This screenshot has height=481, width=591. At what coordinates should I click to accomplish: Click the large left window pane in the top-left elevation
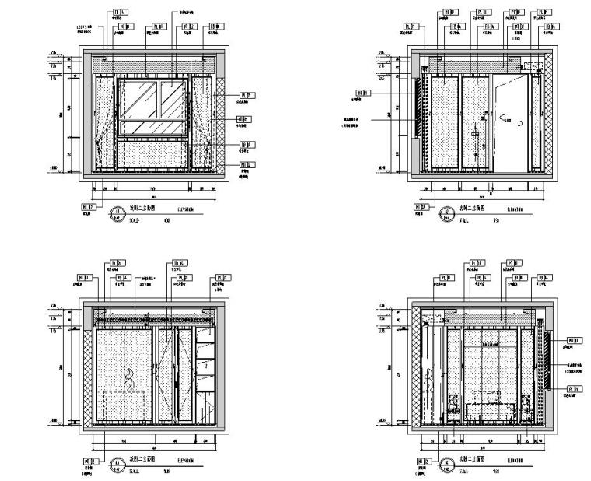pos(140,105)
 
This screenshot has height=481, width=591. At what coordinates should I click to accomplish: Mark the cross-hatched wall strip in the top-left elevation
pos(220,125)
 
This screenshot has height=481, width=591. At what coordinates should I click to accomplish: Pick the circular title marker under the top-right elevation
pos(446,212)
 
